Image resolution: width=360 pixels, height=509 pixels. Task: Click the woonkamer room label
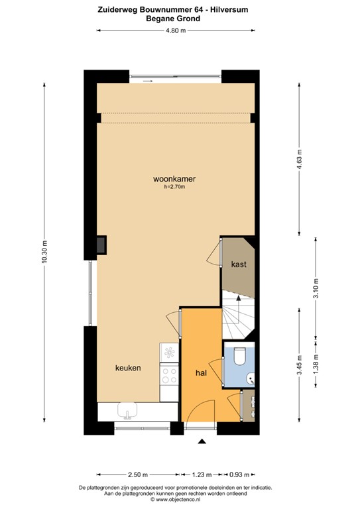174,179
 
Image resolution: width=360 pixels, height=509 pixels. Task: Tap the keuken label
127,368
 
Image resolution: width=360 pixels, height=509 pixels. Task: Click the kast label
239,264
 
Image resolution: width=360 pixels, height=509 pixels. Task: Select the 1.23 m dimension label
202,475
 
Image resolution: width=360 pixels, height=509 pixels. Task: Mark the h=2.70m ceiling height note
174,188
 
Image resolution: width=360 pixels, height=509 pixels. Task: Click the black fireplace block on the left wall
99,245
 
